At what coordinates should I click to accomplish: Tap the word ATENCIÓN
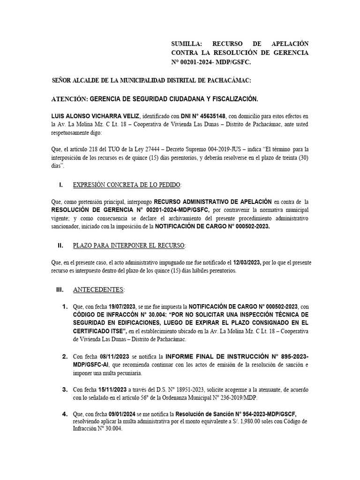coord(68,99)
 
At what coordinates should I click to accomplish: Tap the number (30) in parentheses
coord(301,157)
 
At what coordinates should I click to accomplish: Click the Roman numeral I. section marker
coord(60,185)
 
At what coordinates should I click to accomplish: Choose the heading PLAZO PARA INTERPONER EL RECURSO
coord(129,245)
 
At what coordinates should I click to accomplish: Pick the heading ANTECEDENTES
coord(98,290)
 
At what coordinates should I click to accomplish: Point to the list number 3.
coord(65,390)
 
